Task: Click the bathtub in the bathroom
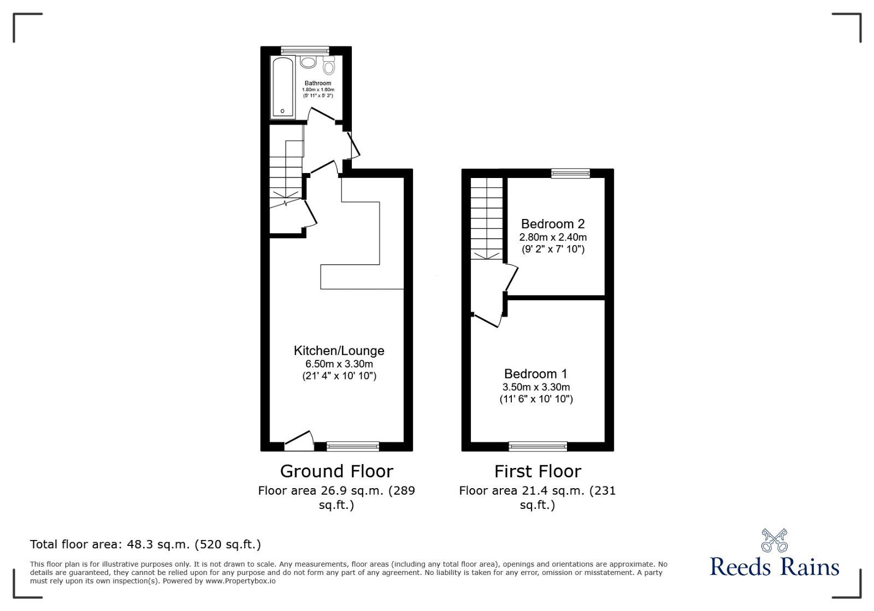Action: (x=283, y=87)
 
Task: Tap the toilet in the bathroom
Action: (x=329, y=66)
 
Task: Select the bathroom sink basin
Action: (x=308, y=62)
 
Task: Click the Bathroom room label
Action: (x=318, y=84)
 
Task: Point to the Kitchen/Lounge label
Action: (x=339, y=351)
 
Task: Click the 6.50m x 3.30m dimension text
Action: (x=339, y=364)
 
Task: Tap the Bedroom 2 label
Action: (x=553, y=224)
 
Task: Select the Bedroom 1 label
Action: (x=535, y=374)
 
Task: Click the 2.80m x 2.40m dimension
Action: (x=553, y=238)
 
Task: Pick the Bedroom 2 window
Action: (x=570, y=174)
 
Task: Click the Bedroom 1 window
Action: (x=538, y=446)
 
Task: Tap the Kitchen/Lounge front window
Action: (x=353, y=446)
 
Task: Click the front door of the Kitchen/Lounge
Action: (x=299, y=441)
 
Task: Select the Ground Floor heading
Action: (x=336, y=471)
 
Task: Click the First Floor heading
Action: (x=538, y=471)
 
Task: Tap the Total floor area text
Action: (x=145, y=544)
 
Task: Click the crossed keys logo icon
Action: (x=775, y=541)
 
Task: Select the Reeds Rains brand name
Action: (x=775, y=567)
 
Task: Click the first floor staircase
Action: (x=487, y=218)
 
